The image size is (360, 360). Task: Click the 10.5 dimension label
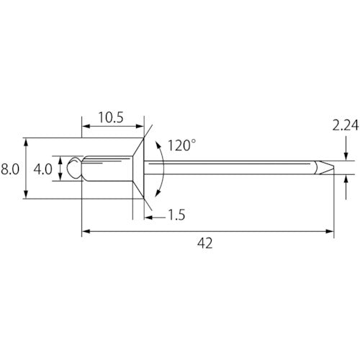pyautogui.click(x=111, y=117)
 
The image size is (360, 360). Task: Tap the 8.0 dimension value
pyautogui.click(x=10, y=169)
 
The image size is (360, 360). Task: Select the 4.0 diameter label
pyautogui.click(x=42, y=169)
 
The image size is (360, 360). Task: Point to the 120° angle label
pyautogui.click(x=181, y=145)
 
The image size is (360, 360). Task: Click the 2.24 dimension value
pyautogui.click(x=346, y=125)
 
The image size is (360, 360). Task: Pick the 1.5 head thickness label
pyautogui.click(x=176, y=215)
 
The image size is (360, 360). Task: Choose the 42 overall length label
pyautogui.click(x=205, y=243)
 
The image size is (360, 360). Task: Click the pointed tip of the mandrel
pyautogui.click(x=333, y=167)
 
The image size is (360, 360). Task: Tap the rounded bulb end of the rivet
pyautogui.click(x=73, y=168)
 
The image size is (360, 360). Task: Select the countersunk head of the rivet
pyautogui.click(x=138, y=168)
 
